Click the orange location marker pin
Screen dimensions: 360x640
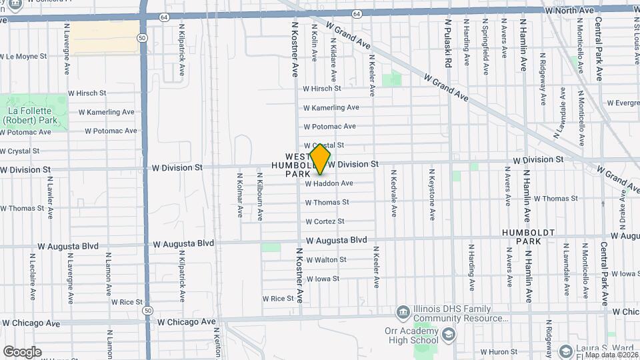click(x=320, y=159)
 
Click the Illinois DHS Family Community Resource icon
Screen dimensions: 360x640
click(x=403, y=312)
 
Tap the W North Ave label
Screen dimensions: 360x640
click(x=569, y=11)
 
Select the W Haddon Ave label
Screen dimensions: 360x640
click(x=329, y=183)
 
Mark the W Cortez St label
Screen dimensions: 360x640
click(x=325, y=221)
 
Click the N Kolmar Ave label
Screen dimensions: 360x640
click(x=240, y=195)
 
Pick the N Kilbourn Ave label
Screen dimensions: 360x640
click(x=260, y=197)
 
